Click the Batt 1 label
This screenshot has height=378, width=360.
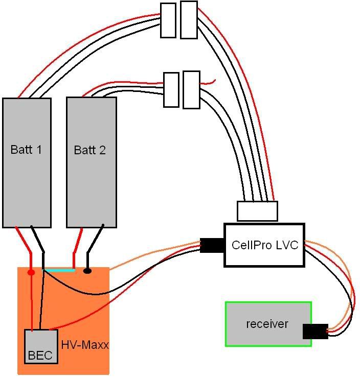pos(26,150)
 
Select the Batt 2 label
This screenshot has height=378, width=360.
pos(90,150)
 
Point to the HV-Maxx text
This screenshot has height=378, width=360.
pos(85,345)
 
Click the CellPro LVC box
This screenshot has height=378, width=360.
pos(264,245)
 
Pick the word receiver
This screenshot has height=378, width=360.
pos(267,324)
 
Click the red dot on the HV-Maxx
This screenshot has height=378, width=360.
pos(31,272)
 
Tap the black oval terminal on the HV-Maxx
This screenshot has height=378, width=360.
pos(87,271)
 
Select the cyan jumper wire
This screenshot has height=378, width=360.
pos(59,270)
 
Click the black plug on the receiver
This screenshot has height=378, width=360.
pos(315,331)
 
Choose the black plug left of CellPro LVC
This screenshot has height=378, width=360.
pos(212,246)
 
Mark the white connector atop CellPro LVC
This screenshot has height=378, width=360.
pos(257,211)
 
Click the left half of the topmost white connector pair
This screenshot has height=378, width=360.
pos(168,20)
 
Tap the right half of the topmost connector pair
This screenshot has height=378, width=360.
pos(189,19)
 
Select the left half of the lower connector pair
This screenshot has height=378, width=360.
pos(171,90)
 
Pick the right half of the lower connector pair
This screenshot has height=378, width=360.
pos(191,90)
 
